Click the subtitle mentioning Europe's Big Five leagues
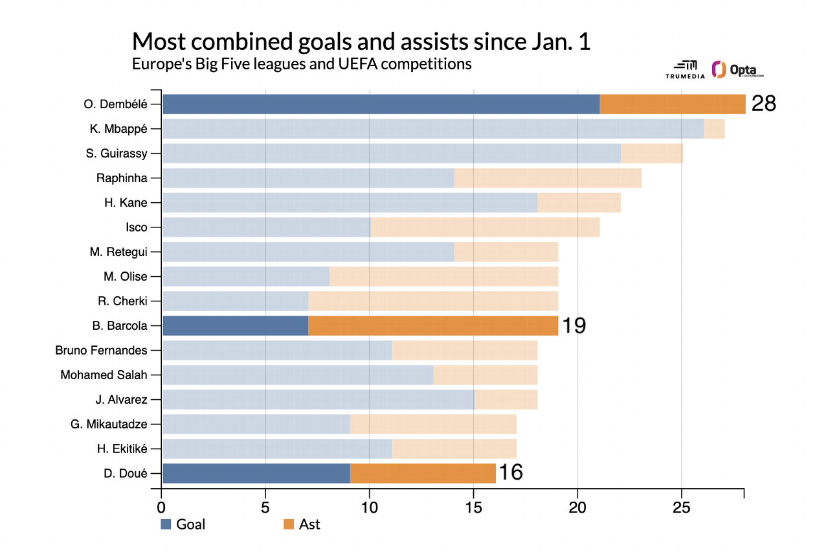tap(301, 64)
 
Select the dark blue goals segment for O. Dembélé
tap(381, 104)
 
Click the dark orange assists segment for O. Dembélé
tap(672, 104)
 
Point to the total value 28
tap(763, 104)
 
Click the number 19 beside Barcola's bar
tap(574, 325)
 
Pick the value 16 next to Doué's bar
tap(511, 473)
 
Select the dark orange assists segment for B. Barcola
tap(433, 325)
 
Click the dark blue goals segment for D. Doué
tap(256, 473)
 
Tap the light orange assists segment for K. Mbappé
tap(714, 128)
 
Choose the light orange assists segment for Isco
tap(485, 227)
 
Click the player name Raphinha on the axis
tap(122, 178)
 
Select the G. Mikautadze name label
tap(109, 424)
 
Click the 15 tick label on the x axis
tap(473, 506)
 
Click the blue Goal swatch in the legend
tap(166, 524)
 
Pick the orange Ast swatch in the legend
tap(289, 524)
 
